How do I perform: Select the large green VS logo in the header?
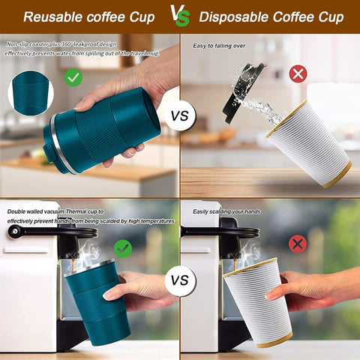(179, 15)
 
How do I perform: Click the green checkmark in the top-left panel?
(73, 76)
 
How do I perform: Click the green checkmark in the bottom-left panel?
(122, 248)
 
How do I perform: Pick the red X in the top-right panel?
(298, 73)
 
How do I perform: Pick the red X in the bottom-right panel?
(298, 244)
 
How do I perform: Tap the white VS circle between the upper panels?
(179, 116)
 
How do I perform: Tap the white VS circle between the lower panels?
(179, 280)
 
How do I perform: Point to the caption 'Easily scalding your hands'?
(227, 211)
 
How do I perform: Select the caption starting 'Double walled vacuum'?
(90, 216)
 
